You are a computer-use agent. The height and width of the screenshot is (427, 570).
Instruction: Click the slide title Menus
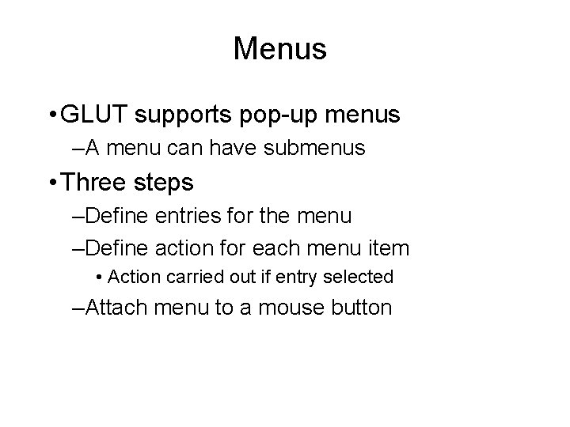pos(279,49)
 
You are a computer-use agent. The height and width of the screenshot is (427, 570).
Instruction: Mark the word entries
pos(188,215)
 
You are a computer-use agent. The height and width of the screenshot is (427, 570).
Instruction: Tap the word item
pos(390,248)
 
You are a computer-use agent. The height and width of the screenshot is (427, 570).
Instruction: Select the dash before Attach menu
pos(75,308)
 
